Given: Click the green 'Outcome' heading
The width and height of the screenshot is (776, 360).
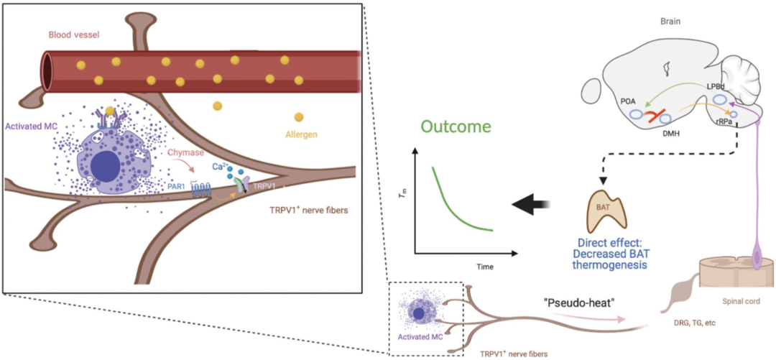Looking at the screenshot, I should coord(456,127).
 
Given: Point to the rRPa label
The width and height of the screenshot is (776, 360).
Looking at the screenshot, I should coord(724,122).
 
